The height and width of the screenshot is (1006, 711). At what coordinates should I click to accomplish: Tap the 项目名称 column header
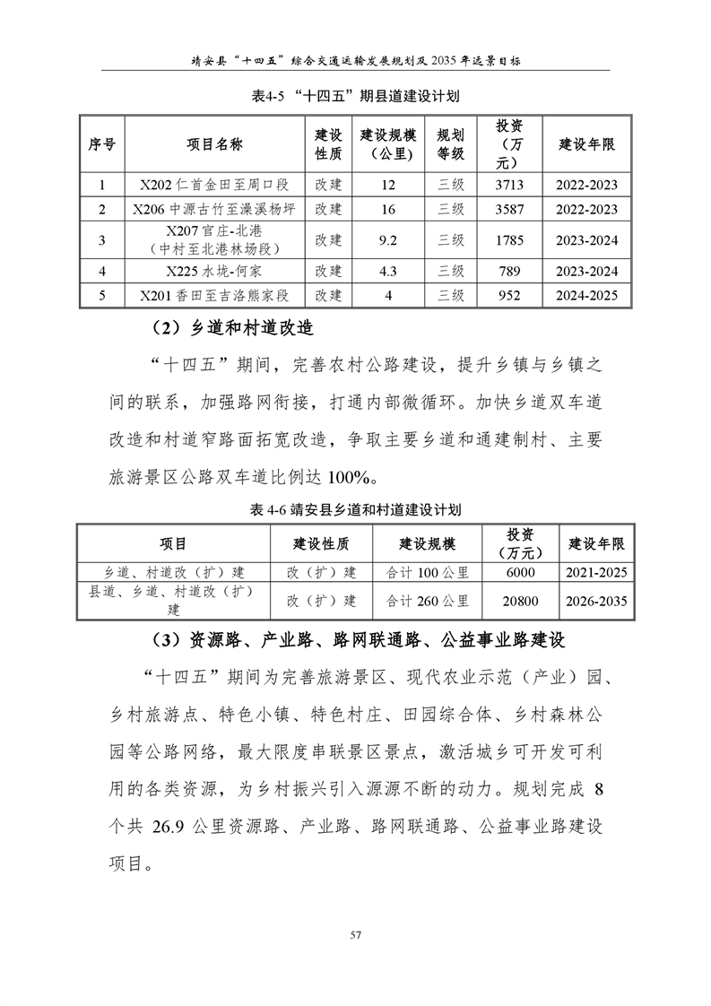tap(214, 143)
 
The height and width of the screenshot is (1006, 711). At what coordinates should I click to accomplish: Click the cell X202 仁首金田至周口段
tap(214, 186)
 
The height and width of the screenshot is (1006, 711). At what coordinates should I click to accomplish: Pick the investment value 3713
tap(508, 186)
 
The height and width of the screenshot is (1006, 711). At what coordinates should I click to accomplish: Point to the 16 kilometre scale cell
tap(387, 209)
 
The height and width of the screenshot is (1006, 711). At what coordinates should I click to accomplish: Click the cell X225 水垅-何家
tap(214, 271)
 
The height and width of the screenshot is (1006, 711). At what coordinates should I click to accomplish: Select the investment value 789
tap(508, 271)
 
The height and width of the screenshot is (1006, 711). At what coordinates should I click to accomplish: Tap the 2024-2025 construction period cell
tap(586, 295)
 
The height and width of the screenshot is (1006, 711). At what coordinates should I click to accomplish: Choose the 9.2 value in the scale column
tap(387, 239)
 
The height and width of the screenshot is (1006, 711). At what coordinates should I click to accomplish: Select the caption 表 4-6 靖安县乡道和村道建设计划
tap(356, 509)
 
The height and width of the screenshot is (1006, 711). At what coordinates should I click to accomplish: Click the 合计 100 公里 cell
tap(427, 572)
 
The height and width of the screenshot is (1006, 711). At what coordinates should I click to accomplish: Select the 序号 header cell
tap(100, 143)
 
